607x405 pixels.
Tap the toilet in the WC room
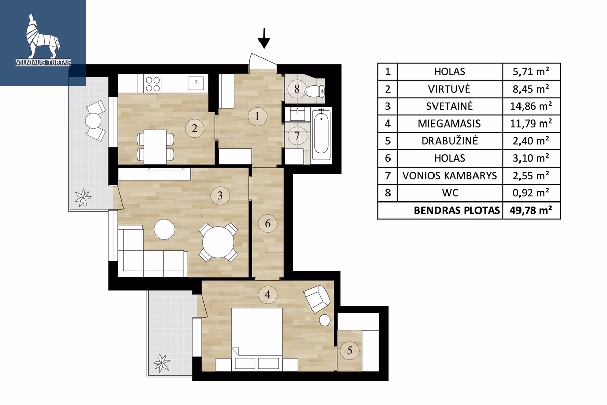pyautogui.click(x=317, y=91)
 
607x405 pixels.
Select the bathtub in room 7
pyautogui.click(x=321, y=134)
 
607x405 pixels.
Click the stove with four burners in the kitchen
pyautogui.click(x=153, y=84)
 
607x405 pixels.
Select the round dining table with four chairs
pyautogui.click(x=218, y=242)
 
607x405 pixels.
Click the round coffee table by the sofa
pyautogui.click(x=165, y=230)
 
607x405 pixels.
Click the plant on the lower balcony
pyautogui.click(x=162, y=363)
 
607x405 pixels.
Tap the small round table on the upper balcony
pyautogui.click(x=93, y=121)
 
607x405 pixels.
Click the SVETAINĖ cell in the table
pyautogui.click(x=449, y=106)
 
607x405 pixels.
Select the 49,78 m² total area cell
pyautogui.click(x=531, y=210)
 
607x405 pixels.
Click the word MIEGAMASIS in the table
pyautogui.click(x=449, y=124)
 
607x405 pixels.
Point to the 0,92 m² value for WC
pyautogui.click(x=531, y=193)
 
